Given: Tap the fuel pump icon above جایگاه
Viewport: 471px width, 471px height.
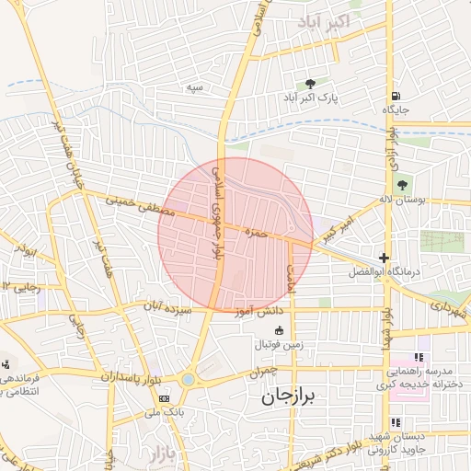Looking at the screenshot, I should point(395,96).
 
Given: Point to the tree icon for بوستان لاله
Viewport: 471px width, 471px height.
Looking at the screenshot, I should point(403,185).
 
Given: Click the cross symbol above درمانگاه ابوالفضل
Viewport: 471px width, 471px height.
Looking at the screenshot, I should point(384,258).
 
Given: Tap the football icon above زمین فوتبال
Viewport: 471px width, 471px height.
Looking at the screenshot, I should point(293,331).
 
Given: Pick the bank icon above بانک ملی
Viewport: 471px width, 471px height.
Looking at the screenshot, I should point(164,398).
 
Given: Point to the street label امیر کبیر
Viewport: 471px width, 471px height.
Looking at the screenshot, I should point(336,230).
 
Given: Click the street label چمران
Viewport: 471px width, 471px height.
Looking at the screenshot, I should point(261,372).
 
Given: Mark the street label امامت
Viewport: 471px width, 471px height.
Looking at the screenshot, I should point(292,278).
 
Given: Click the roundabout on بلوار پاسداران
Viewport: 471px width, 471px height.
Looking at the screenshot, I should point(189,379).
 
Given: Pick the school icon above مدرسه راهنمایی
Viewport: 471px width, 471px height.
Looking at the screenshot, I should point(419,357).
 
